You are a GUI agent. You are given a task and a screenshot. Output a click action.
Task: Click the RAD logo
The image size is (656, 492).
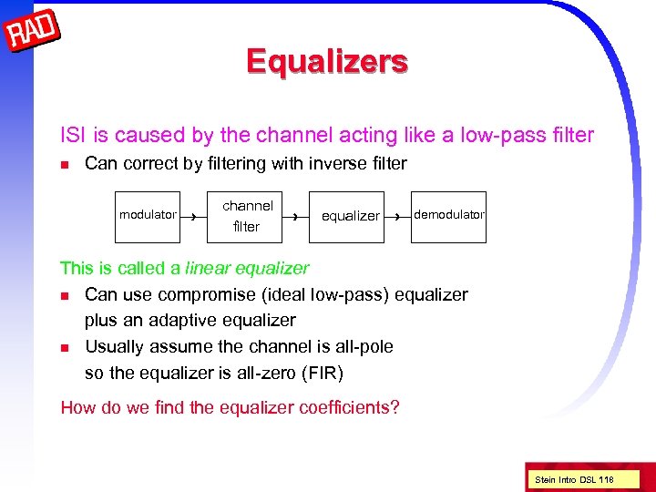[34, 34]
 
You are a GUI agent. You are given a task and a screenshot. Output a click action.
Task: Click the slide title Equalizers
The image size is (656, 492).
[327, 61]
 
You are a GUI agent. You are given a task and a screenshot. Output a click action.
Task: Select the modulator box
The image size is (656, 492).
[147, 216]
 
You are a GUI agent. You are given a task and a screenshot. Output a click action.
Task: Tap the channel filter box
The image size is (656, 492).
[247, 216]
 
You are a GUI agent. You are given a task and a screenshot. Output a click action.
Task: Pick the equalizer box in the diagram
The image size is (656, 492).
[350, 216]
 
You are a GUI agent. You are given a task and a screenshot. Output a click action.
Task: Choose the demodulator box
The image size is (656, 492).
[449, 216]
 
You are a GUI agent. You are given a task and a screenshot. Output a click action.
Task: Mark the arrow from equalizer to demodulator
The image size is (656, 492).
[398, 217]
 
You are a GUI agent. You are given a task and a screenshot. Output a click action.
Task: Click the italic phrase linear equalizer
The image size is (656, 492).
[247, 269]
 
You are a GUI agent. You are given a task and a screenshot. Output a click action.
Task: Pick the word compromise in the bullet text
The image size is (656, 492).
[202, 294]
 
